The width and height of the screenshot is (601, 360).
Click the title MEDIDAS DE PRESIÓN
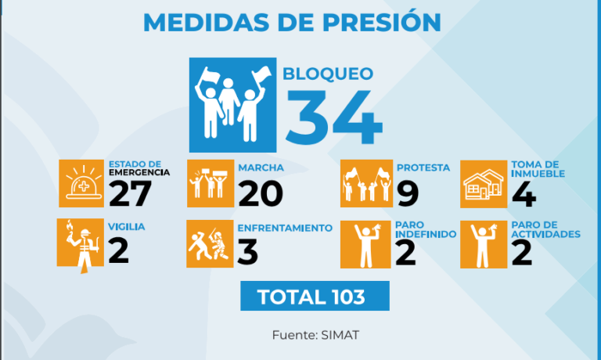pos(292,22)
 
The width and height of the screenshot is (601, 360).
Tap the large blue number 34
pos(334,117)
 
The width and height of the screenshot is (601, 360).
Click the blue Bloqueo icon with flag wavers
pos(232,105)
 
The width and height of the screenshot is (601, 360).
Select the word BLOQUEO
pos(328,74)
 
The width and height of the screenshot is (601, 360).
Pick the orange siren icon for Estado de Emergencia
pos(81,183)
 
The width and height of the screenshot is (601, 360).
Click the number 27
pos(131,193)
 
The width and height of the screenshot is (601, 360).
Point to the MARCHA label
pos(261,167)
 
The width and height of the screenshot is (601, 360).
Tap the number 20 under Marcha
pos(261,194)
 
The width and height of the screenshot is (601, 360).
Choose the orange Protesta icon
pos(366,183)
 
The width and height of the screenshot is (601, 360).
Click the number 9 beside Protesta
pos(408,194)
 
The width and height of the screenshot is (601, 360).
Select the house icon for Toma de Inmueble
pos(484,184)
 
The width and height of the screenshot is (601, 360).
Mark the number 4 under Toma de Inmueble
pos(524,194)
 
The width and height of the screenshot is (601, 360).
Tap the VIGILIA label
pos(127,227)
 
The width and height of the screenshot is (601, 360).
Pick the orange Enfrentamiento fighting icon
pos(210,244)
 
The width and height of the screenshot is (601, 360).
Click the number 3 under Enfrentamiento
pos(247,252)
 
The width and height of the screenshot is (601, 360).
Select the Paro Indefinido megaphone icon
pos(365,245)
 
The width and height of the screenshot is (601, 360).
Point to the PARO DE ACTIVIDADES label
pos(545,229)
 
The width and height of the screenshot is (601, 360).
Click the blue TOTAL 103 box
pos(315,296)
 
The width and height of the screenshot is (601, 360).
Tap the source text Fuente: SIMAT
pos(316,335)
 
